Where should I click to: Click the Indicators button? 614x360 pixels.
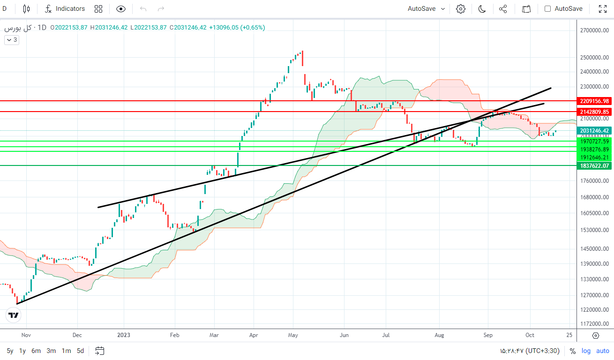pos(65,8)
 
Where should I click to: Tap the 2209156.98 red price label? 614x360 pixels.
pos(594,101)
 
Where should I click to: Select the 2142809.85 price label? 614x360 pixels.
pos(594,112)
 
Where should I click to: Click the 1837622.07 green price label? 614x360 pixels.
pos(594,165)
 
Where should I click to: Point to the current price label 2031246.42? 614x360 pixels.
pos(594,130)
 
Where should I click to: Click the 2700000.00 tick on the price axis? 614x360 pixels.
pos(594,30)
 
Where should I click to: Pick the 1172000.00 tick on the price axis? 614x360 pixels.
pos(594,324)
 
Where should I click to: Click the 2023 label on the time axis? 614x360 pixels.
pos(124,335)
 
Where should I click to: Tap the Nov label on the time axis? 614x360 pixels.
pos(26,335)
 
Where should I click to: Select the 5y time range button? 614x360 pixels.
pos(10,351)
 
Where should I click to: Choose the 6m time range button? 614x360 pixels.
pos(36,351)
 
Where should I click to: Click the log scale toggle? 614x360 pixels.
pos(586,351)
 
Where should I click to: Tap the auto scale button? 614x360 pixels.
pos(603,351)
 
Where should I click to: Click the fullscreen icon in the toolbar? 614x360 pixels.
pos(603,8)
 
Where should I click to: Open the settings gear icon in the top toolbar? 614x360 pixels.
pos(461,8)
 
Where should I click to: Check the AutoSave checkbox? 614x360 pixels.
pos(547,8)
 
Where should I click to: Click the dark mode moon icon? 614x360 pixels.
pos(482,8)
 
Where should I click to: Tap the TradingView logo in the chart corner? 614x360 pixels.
pos(14,315)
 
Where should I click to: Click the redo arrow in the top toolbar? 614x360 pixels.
pos(161,8)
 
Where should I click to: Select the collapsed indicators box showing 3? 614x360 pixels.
pos(12,40)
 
